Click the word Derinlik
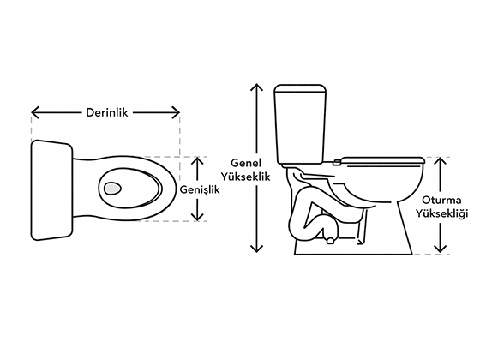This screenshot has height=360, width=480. click(107, 112)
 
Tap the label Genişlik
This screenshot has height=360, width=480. click(200, 189)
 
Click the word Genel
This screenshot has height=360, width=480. click(246, 163)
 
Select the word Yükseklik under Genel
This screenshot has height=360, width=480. click(246, 177)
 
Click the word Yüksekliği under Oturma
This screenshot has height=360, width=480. click(441, 213)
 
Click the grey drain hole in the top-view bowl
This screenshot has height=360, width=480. click(112, 188)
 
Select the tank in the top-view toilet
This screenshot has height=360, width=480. click(51, 190)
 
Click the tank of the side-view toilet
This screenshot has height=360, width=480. click(300, 124)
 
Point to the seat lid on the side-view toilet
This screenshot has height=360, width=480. click(382, 159)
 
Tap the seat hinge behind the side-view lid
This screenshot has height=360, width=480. click(337, 162)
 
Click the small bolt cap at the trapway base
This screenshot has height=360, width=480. click(330, 241)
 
